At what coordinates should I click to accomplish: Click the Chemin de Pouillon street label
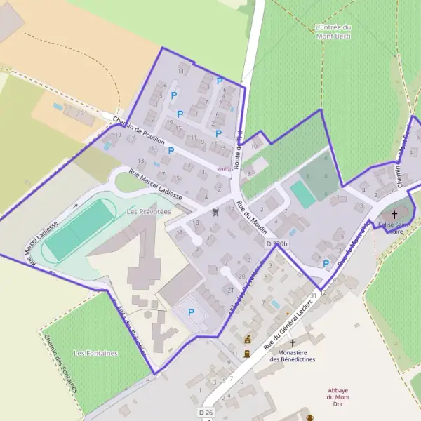139,132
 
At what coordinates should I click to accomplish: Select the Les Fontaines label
95,353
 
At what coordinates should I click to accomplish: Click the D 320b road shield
278,243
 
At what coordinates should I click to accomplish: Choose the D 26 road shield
206,412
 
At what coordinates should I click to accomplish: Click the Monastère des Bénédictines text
293,356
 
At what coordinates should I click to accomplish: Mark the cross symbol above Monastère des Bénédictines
293,343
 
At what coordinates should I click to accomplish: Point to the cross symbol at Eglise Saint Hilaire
394,214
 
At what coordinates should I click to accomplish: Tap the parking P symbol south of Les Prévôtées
190,312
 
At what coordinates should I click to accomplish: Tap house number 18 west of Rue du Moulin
196,223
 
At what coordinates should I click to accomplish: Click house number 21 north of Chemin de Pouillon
83,112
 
